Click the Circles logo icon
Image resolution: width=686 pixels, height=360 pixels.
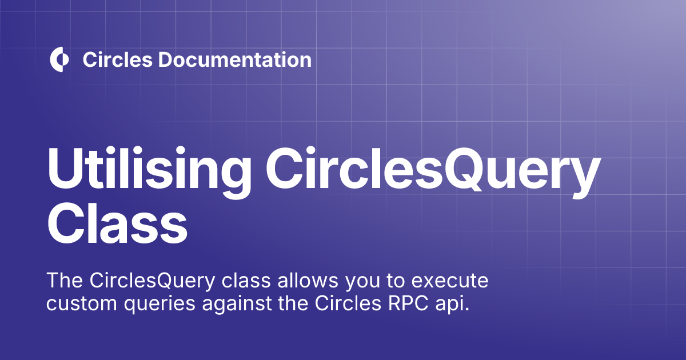[x=59, y=59]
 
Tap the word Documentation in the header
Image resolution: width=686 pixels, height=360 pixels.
[x=234, y=59]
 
